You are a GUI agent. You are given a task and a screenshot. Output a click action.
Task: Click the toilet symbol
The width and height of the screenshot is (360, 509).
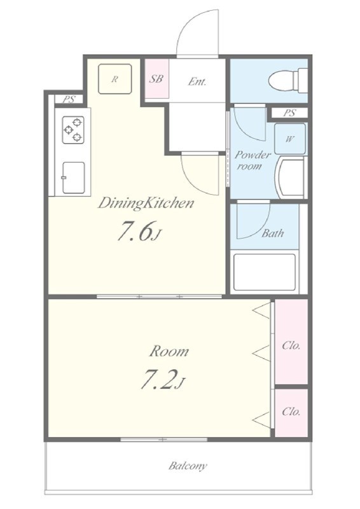click(x=288, y=80)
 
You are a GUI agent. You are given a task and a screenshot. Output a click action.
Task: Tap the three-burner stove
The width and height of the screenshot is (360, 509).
click(x=73, y=129)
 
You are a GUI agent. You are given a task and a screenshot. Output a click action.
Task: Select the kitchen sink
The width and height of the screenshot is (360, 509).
click(x=74, y=178)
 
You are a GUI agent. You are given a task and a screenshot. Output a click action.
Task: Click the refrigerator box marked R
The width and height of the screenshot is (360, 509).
click(x=115, y=79)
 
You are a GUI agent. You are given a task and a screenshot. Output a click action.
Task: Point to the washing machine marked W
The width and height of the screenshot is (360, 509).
click(x=290, y=139)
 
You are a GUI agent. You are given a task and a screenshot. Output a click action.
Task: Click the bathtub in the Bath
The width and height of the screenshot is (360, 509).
click(x=265, y=272)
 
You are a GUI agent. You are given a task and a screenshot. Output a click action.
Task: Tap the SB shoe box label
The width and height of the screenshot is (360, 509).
click(x=156, y=79)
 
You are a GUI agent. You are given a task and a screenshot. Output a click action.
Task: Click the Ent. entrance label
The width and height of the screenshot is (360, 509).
click(x=197, y=81)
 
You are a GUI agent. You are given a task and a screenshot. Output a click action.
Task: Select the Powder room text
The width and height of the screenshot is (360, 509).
click(x=253, y=160)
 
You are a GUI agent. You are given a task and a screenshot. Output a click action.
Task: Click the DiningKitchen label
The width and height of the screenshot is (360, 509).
click(x=146, y=204)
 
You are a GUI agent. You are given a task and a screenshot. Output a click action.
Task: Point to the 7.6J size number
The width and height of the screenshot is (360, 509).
click(x=139, y=231)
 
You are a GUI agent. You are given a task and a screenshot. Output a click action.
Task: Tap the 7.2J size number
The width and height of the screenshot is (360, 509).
click(x=162, y=379)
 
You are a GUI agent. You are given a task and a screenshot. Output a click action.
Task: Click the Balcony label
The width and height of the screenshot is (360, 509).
click(x=188, y=466)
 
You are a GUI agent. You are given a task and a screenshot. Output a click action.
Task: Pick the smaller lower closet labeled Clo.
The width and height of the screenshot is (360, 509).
click(x=291, y=412)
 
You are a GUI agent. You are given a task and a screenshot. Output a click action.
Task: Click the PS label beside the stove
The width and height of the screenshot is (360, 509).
click(x=69, y=99)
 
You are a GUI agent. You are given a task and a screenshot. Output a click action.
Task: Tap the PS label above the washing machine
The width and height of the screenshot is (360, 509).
click(x=289, y=113)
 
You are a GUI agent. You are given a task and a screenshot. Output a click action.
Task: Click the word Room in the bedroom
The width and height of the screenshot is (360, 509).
click(x=169, y=352)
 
